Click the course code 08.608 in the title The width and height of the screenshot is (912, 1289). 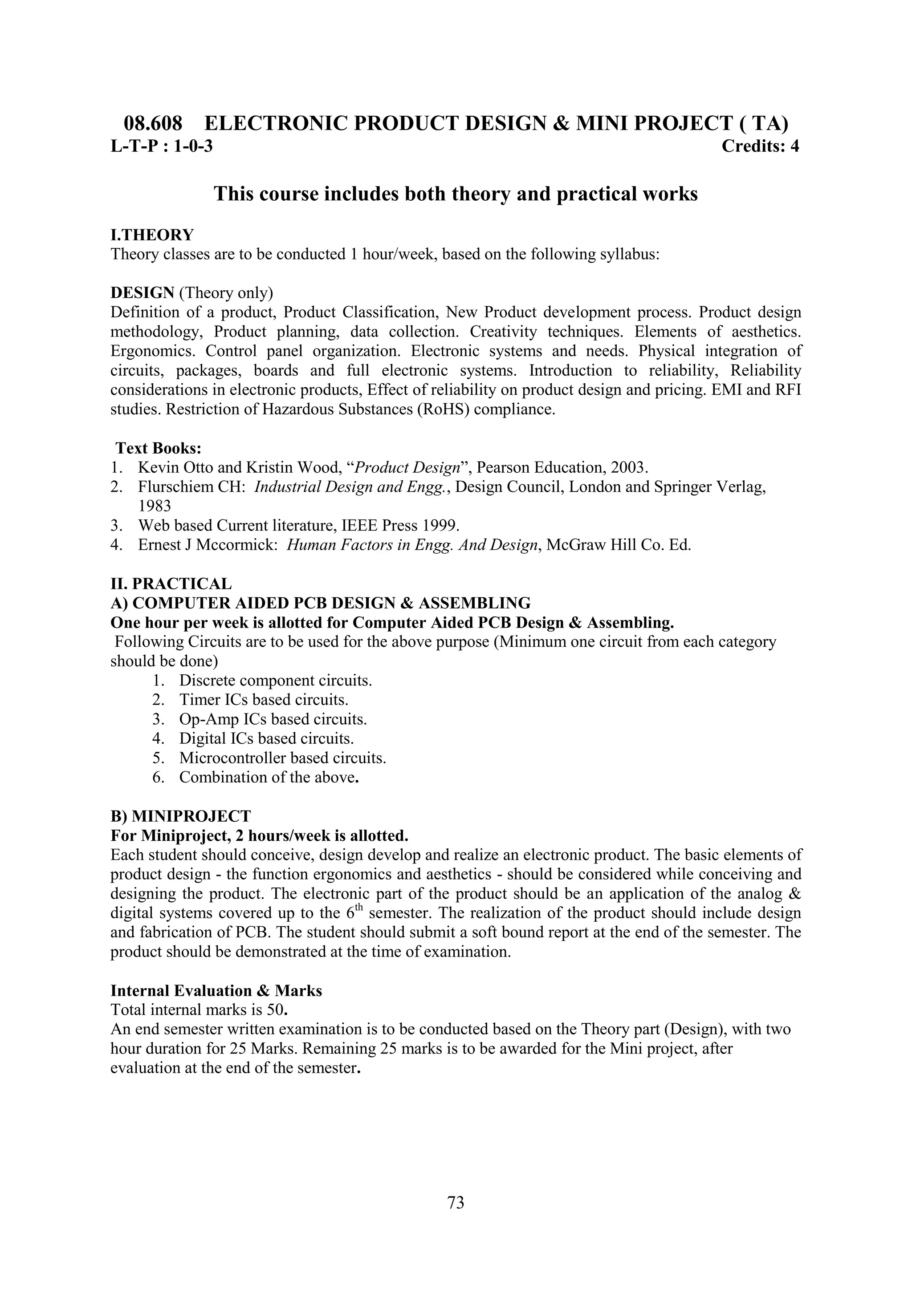[x=153, y=123]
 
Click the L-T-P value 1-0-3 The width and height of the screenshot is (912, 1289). [x=193, y=146]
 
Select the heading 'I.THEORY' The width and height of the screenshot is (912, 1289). [x=152, y=235]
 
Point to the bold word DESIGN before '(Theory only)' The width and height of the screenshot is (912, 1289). [x=142, y=292]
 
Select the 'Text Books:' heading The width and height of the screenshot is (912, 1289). [x=159, y=448]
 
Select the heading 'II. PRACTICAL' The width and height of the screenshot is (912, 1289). [x=171, y=584]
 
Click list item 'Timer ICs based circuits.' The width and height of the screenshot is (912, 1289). [x=264, y=700]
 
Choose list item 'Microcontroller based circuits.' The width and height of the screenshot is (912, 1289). [x=282, y=758]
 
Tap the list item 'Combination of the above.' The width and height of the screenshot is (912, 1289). [x=269, y=778]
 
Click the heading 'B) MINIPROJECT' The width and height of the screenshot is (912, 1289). [x=180, y=816]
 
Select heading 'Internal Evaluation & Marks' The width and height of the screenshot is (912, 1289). [x=216, y=991]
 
